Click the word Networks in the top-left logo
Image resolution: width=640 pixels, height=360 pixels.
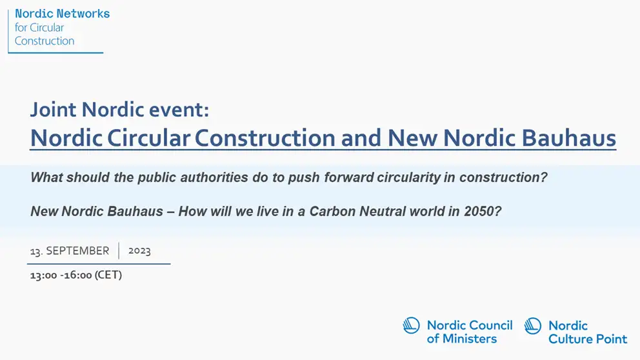(83, 14)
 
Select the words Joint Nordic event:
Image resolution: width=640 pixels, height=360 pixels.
(119, 110)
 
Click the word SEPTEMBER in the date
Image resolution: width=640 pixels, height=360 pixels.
(77, 250)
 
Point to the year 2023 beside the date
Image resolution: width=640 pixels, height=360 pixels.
(139, 250)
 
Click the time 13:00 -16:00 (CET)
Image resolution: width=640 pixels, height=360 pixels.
(76, 275)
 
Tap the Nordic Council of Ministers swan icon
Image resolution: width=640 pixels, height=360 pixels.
(411, 326)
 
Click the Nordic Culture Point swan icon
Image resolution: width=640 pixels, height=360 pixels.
(533, 326)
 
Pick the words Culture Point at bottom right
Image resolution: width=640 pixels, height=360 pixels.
(588, 339)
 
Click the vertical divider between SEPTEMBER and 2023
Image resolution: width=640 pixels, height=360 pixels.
(119, 250)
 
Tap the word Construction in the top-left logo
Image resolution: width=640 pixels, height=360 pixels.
(45, 41)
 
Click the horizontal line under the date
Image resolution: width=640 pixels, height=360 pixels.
(99, 264)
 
